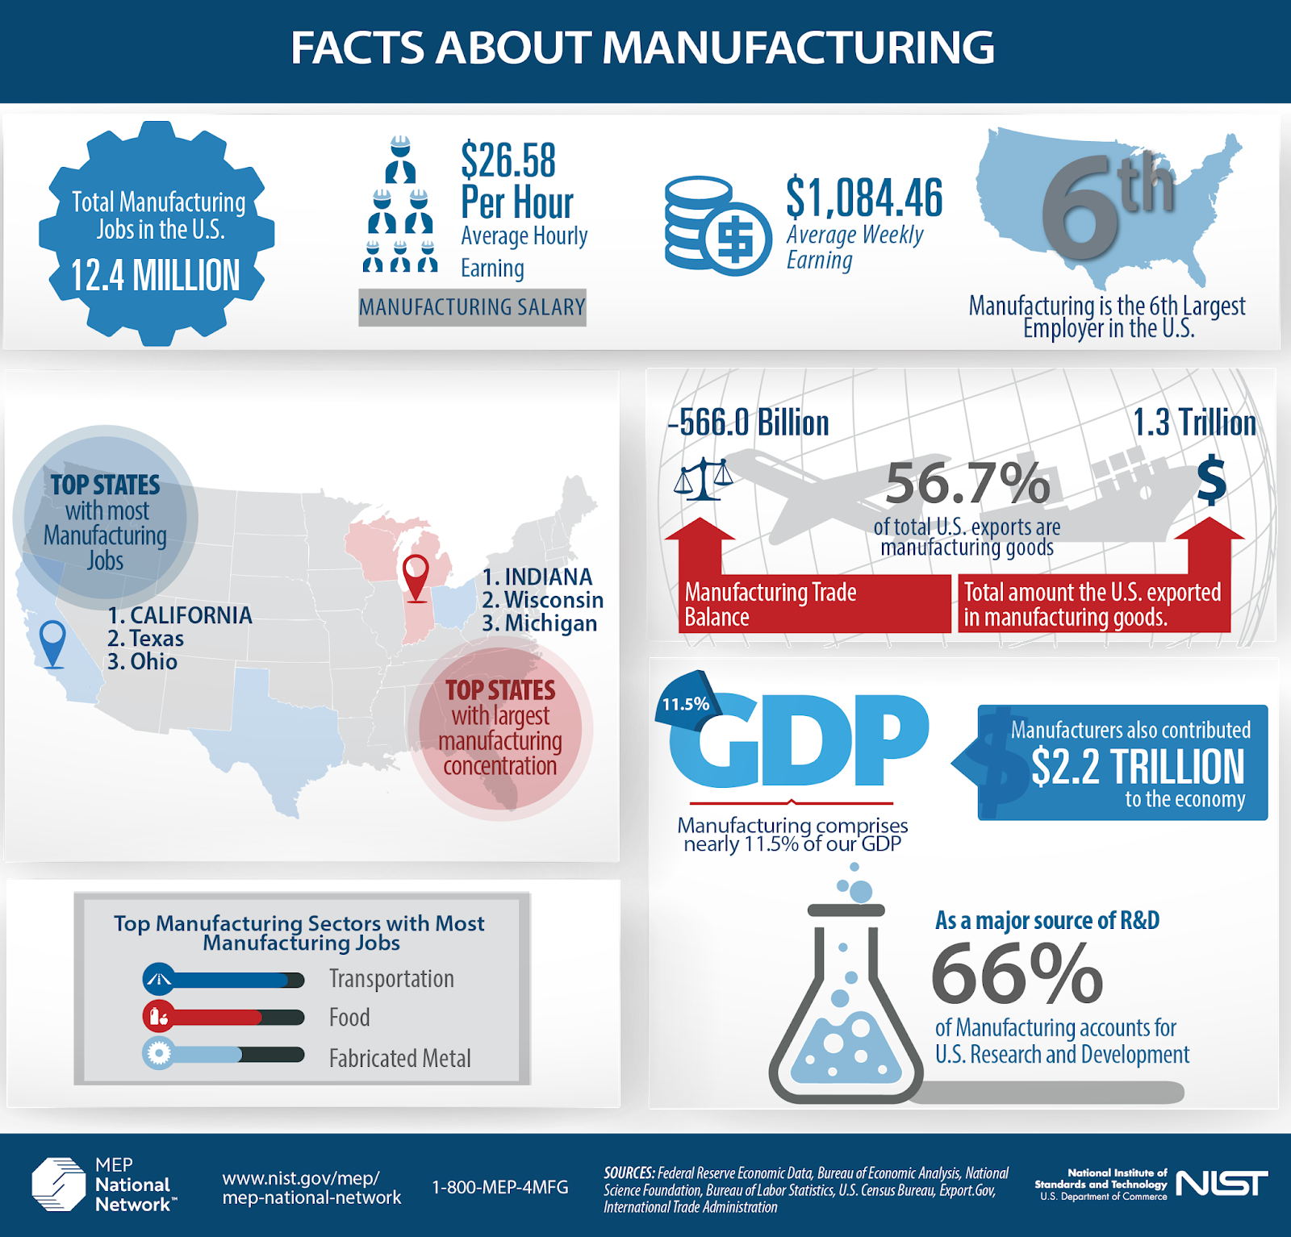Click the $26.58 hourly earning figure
[x=508, y=160]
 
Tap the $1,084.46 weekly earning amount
[x=864, y=198]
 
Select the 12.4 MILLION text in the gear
[x=156, y=276]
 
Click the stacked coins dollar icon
[x=717, y=227]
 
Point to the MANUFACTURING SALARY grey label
[x=472, y=307]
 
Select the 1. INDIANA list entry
[x=537, y=577]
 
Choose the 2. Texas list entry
[x=145, y=639]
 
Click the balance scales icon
[x=704, y=479]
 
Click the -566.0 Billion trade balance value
[x=748, y=423]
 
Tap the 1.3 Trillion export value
[x=1194, y=423]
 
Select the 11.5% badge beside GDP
[x=686, y=704]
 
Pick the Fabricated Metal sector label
[x=399, y=1058]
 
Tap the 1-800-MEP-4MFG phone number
[x=500, y=1187]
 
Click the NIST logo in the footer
[x=1222, y=1184]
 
